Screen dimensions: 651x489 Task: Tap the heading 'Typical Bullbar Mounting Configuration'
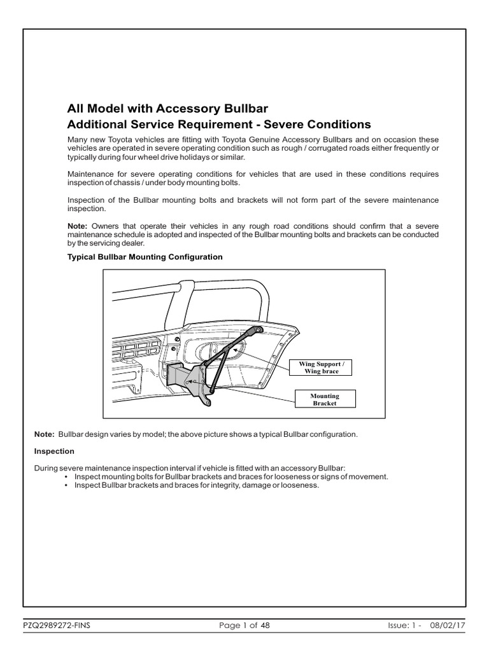coord(145,257)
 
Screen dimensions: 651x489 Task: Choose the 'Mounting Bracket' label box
coord(325,399)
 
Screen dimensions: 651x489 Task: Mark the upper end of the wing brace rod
coord(258,330)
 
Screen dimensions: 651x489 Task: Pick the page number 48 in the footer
coord(265,626)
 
